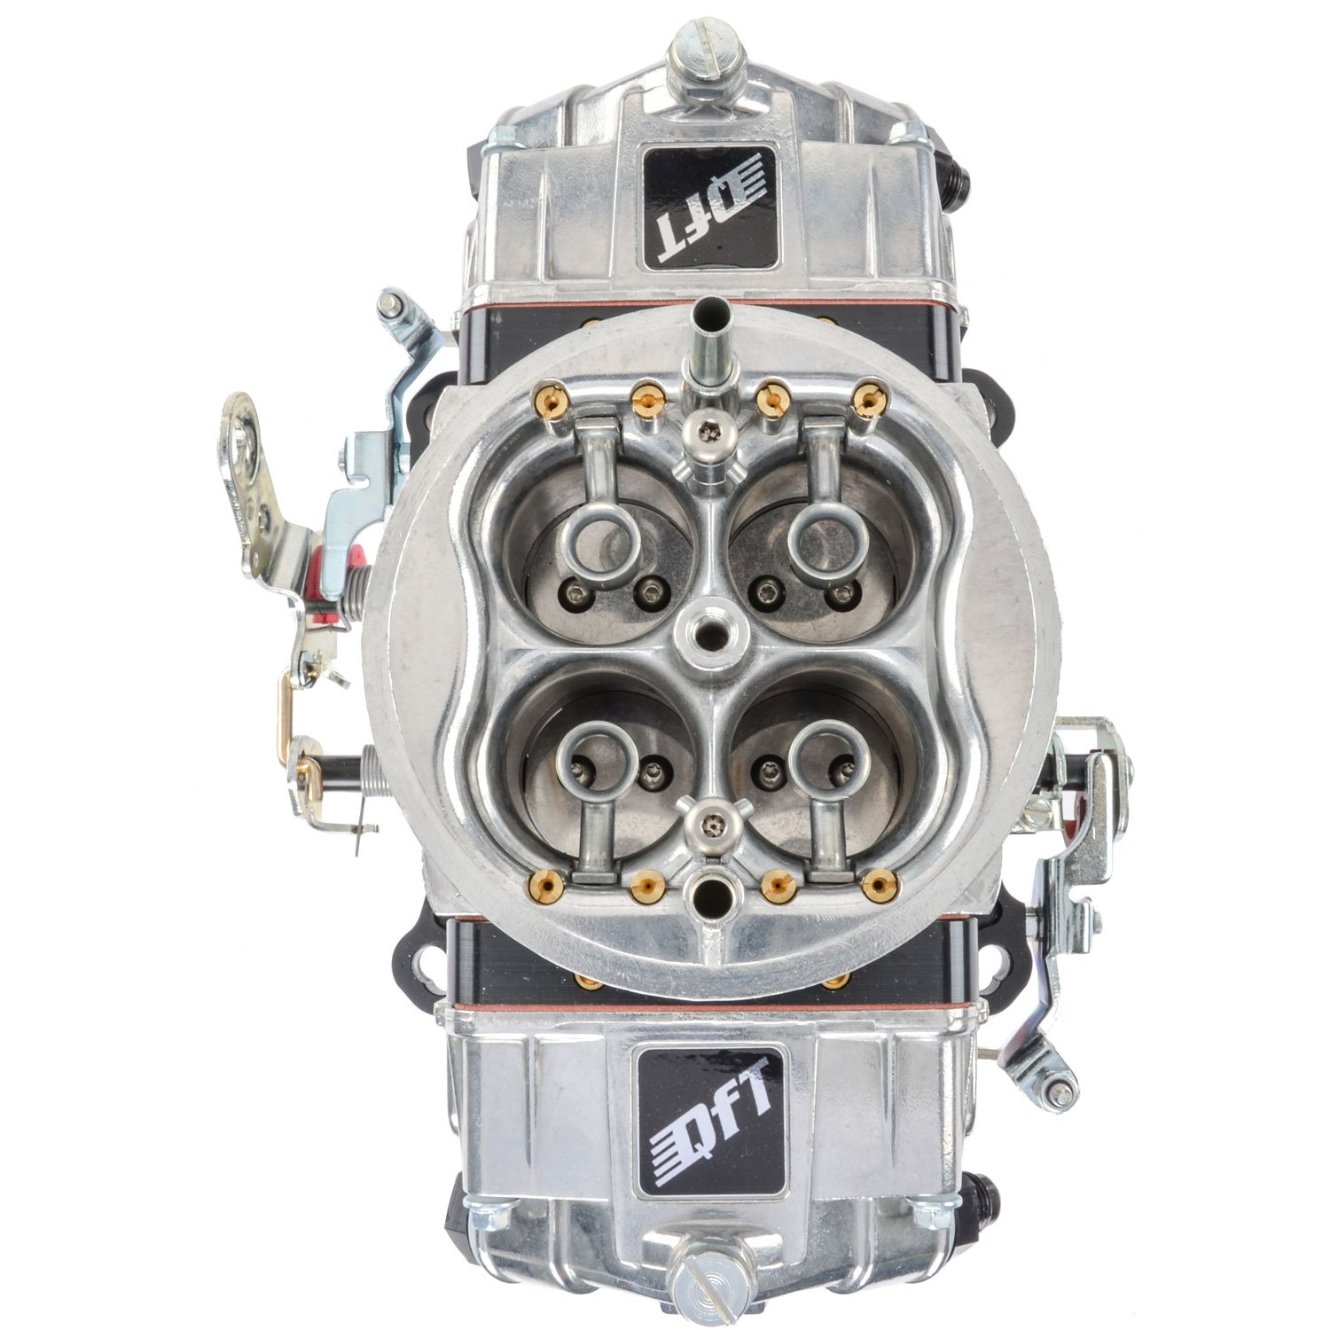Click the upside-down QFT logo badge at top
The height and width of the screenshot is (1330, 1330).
pos(708,207)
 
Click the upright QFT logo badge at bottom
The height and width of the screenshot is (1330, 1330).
pos(711,1121)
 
